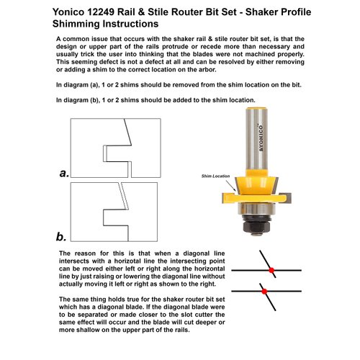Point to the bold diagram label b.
(62, 236)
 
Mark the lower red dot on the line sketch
(264, 292)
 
